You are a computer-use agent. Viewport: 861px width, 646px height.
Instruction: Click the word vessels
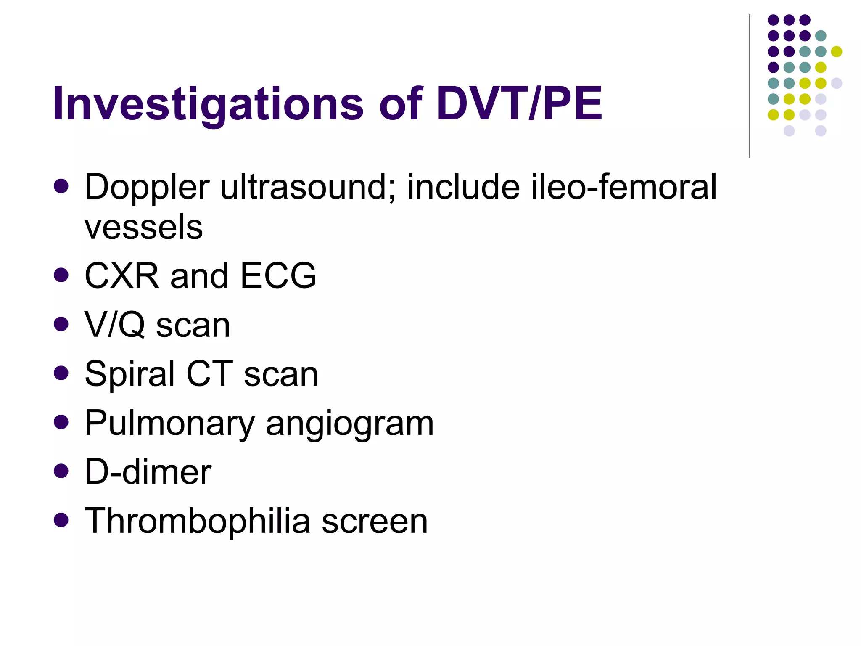coord(144,227)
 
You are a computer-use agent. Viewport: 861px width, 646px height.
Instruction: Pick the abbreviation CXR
coord(122,276)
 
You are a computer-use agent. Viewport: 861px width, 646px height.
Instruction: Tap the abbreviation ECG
coord(278,276)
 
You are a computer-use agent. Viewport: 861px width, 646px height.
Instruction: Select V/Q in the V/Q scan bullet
coord(115,325)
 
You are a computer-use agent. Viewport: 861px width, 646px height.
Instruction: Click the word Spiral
coord(130,374)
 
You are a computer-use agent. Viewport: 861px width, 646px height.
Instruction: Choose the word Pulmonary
coord(169,423)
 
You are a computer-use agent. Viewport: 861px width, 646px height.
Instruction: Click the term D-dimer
coord(148,472)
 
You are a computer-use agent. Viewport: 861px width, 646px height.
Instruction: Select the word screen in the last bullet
coord(375,522)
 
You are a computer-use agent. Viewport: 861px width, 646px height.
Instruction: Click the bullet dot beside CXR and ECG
coord(61,275)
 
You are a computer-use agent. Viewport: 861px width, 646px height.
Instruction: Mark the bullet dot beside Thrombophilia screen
coord(61,520)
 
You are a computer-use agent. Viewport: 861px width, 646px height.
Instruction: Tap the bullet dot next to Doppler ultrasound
coord(61,186)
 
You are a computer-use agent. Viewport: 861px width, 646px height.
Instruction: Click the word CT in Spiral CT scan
coord(209,374)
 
